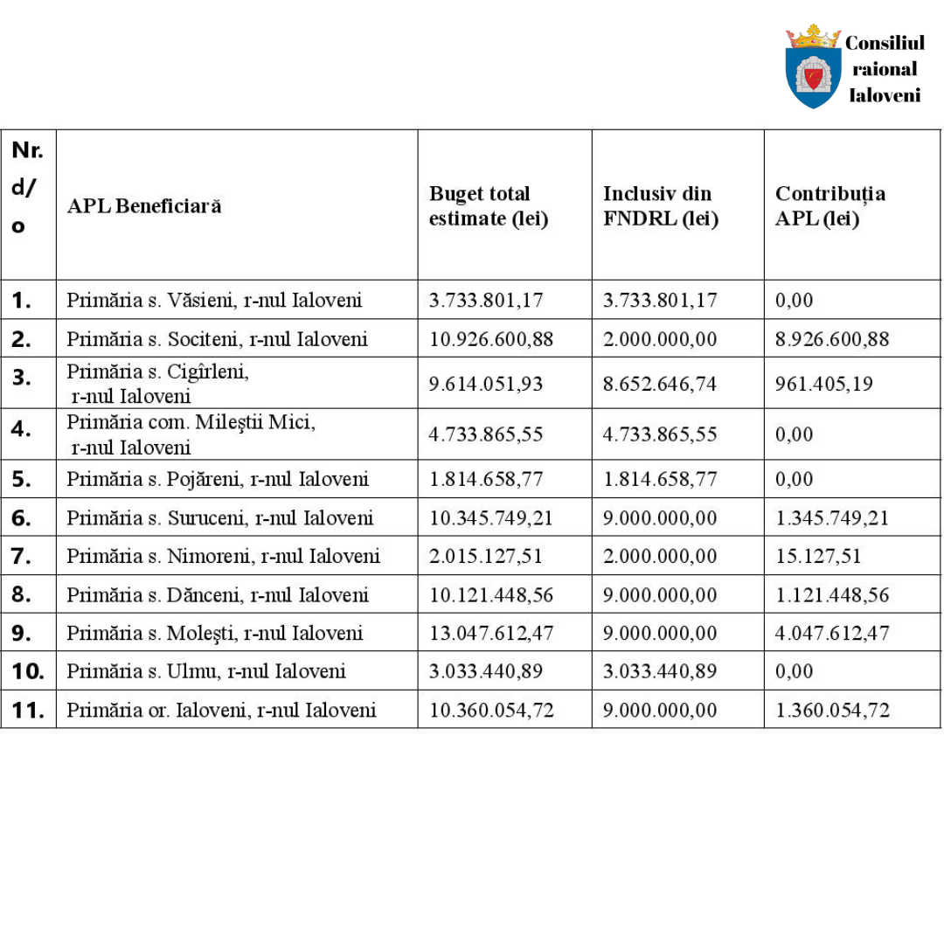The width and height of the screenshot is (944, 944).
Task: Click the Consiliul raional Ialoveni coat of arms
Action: (x=813, y=68)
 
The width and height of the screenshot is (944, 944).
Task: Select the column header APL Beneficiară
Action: (x=144, y=206)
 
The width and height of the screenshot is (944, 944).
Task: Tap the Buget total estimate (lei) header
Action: (x=489, y=206)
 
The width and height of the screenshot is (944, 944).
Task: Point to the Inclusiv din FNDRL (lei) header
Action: (x=661, y=206)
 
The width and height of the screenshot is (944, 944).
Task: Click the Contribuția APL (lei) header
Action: (x=830, y=206)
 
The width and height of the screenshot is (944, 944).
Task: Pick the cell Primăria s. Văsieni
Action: (x=214, y=301)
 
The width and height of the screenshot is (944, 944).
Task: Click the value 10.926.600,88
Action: (x=491, y=339)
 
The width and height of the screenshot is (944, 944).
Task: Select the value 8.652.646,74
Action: (x=660, y=384)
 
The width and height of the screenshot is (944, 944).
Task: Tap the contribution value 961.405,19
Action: (x=823, y=384)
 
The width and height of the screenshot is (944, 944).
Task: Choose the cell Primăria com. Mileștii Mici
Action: (x=191, y=434)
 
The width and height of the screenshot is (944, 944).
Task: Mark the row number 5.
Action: (x=23, y=479)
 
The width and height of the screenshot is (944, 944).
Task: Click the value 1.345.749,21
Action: (x=832, y=517)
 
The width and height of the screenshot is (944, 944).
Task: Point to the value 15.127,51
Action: (x=818, y=556)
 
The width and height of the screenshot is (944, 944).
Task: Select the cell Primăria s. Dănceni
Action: (x=218, y=595)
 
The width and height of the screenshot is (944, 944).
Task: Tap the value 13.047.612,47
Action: (x=491, y=633)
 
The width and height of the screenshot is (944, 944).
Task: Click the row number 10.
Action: (x=27, y=671)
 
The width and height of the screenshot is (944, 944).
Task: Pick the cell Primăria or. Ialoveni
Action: (x=221, y=710)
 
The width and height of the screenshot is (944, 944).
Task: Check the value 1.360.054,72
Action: (x=832, y=710)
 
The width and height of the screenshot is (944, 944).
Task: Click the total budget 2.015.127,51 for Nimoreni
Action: (x=486, y=556)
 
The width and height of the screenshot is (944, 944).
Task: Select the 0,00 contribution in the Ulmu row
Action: (x=794, y=671)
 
